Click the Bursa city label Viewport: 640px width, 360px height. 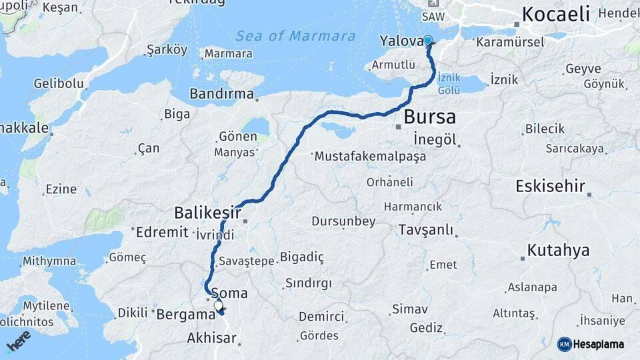tap(429, 117)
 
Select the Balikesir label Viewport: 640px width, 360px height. tap(207, 213)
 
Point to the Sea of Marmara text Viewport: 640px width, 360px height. tap(295, 36)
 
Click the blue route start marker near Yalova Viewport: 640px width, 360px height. tap(428, 41)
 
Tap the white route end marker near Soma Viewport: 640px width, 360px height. tap(219, 306)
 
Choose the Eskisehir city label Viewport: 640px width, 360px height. tap(550, 186)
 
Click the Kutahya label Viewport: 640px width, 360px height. tap(558, 251)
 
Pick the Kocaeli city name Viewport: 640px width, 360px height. tap(556, 13)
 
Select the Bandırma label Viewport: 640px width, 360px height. tap(221, 94)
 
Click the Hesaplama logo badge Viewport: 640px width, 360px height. tap(591, 344)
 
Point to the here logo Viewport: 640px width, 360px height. tap(18, 341)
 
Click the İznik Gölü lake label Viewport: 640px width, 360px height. tap(449, 83)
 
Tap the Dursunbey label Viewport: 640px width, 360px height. tap(343, 221)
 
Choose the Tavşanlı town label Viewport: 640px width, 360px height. tap(425, 230)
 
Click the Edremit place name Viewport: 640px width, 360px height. tap(163, 233)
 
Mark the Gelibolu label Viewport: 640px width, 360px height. tap(59, 83)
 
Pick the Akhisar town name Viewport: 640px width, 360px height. tap(211, 338)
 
